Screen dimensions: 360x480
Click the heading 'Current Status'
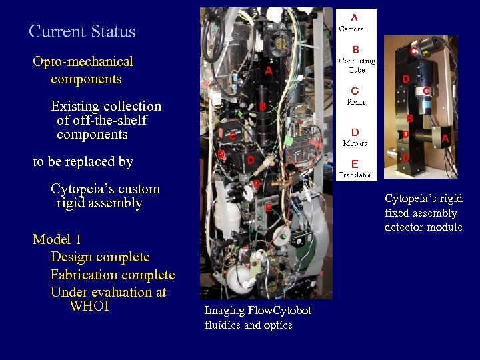(x=82, y=31)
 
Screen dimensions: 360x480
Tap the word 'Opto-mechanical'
(x=83, y=62)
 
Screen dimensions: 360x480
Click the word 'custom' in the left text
(x=139, y=189)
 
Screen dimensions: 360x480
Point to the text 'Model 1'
(x=57, y=239)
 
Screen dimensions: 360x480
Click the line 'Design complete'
(x=100, y=257)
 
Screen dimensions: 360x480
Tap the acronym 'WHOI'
(x=89, y=307)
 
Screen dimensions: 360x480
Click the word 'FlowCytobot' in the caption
(x=279, y=311)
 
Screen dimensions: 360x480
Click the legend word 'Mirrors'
(x=355, y=143)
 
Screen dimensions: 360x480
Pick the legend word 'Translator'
(x=355, y=175)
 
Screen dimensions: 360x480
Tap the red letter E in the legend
(x=355, y=164)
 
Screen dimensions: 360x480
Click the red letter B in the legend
(x=355, y=49)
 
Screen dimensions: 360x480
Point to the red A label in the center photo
(x=268, y=70)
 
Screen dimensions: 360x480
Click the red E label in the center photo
(x=268, y=207)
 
